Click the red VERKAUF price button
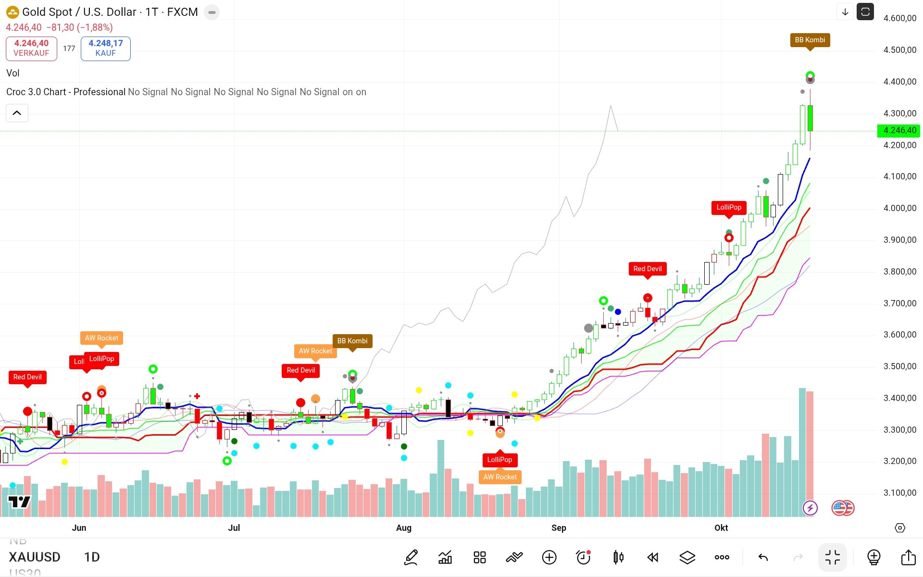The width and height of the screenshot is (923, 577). coord(31,48)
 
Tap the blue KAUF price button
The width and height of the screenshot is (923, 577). coord(105,48)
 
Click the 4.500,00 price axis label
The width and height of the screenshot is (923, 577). coord(899,50)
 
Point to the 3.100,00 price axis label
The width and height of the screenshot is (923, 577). coord(899,493)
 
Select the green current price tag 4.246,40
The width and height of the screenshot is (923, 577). coord(899,130)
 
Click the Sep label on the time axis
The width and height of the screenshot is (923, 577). coord(559,527)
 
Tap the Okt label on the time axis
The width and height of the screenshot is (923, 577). coord(721,527)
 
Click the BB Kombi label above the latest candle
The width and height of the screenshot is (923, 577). coord(810,40)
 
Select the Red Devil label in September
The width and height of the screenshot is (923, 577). coord(647,269)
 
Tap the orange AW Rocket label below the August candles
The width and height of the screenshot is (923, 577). coord(500,477)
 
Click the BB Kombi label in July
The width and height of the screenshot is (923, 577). coord(352,341)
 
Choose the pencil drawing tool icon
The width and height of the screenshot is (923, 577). coord(411,557)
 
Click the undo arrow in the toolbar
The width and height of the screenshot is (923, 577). coord(763,557)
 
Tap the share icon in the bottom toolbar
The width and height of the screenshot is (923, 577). coord(908,557)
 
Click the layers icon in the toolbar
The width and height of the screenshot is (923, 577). coord(687,557)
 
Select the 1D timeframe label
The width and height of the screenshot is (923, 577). coord(92,557)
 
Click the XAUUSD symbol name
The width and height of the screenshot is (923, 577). coord(35,557)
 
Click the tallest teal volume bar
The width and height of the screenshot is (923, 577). coord(802,452)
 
